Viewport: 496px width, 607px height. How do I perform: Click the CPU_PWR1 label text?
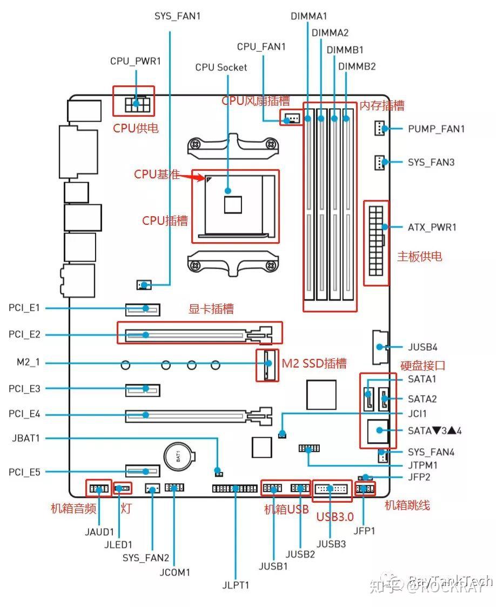click(136, 61)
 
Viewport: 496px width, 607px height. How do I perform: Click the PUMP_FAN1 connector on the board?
click(380, 129)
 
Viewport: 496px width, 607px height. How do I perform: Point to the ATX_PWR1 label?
click(432, 227)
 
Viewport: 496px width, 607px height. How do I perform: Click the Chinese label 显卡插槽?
click(211, 309)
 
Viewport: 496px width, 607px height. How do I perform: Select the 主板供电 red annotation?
click(420, 256)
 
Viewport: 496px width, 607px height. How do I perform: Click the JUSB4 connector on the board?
click(380, 346)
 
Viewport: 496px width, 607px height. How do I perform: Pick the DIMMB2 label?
click(357, 66)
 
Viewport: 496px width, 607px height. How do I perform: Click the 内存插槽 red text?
click(382, 105)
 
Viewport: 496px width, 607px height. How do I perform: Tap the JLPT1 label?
click(236, 585)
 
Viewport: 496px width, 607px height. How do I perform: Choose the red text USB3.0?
click(335, 517)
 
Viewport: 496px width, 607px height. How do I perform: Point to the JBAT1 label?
click(26, 438)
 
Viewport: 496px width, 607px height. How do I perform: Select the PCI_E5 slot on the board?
click(144, 472)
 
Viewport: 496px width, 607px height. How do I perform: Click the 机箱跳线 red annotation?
click(407, 505)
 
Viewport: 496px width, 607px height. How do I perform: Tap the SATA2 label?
click(422, 399)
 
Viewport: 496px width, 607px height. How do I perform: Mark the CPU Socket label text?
click(221, 67)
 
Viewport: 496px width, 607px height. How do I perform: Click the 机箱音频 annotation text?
click(73, 508)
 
